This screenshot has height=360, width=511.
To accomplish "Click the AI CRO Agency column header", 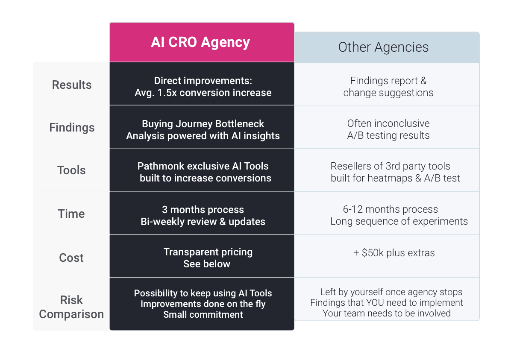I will pos(200,42).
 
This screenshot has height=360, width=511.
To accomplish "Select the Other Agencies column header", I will pos(383,47).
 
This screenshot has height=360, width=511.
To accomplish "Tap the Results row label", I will pos(72,85).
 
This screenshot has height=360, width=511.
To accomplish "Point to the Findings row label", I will pos(72,127).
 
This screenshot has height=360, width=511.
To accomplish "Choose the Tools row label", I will pos(72,170).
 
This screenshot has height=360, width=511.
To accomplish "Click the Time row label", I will pos(72,214).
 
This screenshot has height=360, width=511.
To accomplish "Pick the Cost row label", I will pos(72,258).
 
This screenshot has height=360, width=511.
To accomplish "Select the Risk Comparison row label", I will pos(71,307).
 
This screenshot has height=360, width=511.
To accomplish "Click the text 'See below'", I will pos(207,264).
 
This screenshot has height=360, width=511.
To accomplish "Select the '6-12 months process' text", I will pos(390,209).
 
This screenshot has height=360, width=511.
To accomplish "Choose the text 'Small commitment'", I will pos(203,315).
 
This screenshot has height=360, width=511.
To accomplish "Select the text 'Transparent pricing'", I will pos(208,252).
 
